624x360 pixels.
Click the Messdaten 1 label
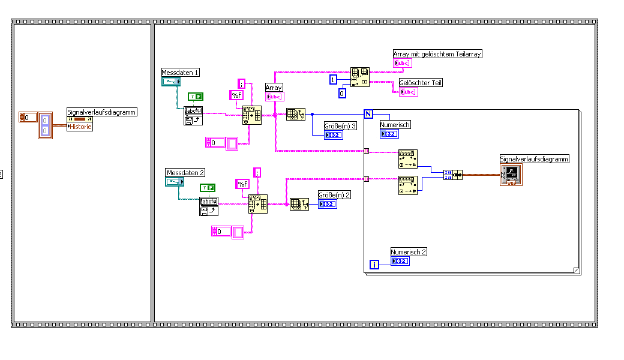point(180,73)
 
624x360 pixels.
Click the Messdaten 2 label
point(185,173)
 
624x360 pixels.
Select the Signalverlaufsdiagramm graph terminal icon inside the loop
point(511,174)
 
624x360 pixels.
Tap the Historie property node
point(80,127)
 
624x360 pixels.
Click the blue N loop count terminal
point(368,113)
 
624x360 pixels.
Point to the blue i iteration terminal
point(374,264)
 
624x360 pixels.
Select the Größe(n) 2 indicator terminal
point(327,204)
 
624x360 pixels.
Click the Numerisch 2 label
point(408,252)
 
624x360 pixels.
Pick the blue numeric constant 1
point(333,80)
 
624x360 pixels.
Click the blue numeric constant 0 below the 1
point(341,93)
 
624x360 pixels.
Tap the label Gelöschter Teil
point(421,83)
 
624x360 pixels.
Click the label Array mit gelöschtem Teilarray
point(437,54)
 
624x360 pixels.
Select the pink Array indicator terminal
point(274,97)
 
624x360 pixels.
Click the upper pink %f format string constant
point(236,95)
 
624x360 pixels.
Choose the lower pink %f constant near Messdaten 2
point(242,184)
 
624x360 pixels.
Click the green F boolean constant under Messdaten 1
point(195,96)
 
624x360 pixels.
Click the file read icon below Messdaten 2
point(209,206)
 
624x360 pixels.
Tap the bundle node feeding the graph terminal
point(453,175)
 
